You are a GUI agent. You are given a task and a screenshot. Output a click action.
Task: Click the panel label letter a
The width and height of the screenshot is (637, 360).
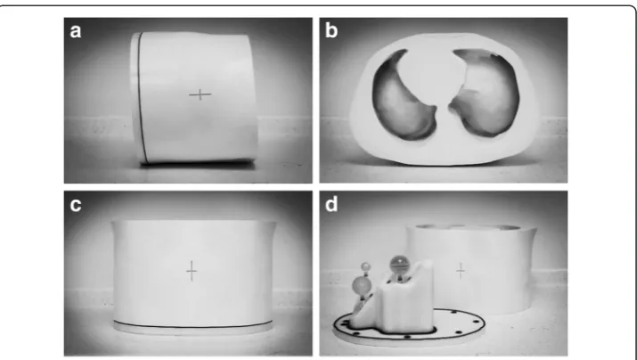point(76,31)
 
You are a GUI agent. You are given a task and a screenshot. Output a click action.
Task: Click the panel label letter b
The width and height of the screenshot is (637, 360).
point(331,30)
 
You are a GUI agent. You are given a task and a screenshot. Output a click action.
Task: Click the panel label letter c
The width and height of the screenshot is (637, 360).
point(76,205)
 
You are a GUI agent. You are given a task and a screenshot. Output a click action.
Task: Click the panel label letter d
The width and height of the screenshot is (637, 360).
point(331,204)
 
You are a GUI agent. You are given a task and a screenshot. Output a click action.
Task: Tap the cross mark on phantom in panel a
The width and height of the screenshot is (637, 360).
point(200,95)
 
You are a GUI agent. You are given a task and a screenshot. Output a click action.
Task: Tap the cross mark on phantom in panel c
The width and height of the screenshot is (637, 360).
point(192,271)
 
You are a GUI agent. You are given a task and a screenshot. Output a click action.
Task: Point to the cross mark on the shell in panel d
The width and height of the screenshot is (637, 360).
point(461,271)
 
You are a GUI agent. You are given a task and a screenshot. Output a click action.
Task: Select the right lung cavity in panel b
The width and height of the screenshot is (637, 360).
point(486,94)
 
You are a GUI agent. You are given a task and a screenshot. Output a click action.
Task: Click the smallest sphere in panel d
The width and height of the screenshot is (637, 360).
point(366,266)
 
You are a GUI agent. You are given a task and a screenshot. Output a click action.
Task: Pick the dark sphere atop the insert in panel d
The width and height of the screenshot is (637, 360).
point(399,265)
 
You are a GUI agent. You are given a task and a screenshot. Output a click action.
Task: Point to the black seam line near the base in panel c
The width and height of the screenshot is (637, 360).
point(192,324)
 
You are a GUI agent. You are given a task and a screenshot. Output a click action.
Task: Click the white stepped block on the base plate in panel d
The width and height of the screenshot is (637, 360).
point(396,303)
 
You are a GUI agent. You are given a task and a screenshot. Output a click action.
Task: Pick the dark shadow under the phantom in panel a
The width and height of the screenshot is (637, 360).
point(198,163)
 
